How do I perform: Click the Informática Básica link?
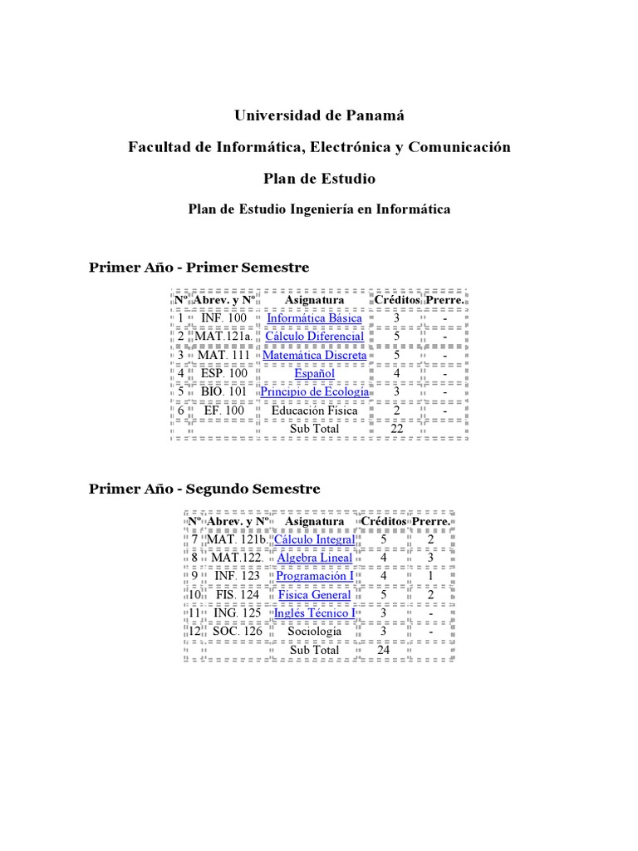pos(314,318)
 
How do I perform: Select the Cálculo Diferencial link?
pos(314,337)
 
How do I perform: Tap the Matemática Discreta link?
pos(314,355)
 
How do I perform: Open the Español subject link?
pos(314,373)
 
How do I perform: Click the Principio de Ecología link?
pos(314,391)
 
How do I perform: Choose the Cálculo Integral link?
pos(314,540)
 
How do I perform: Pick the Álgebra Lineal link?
pos(314,558)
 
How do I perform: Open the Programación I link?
pos(314,576)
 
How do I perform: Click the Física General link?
pos(314,595)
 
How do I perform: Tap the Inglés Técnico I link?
pos(314,613)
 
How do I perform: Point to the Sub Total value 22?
pos(396,429)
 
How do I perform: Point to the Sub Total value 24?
pos(383,650)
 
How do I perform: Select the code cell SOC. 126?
pos(237,632)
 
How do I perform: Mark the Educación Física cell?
pos(314,411)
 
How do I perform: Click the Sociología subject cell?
pos(314,632)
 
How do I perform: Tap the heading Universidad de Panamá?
pos(318,116)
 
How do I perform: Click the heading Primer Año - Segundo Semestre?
pos(204,489)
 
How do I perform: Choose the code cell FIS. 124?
pos(237,595)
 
